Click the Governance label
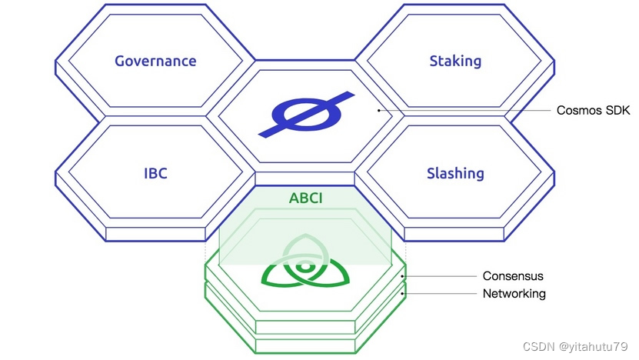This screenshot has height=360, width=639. click(155, 61)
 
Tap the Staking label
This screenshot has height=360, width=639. click(455, 61)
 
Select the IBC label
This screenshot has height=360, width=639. click(155, 173)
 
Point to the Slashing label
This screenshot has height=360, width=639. click(455, 173)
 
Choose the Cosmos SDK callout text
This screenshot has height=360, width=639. click(593, 111)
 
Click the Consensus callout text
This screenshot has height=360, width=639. click(513, 275)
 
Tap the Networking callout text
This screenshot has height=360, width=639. click(514, 293)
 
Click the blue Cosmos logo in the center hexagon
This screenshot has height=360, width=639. click(305, 116)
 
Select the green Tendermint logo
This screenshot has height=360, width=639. click(305, 265)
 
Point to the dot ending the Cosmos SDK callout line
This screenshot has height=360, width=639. click(379, 111)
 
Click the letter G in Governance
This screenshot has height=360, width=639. click(120, 61)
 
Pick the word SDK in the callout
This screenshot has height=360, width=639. click(617, 111)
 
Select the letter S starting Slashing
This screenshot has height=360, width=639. click(431, 173)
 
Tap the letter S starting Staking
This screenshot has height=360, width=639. click(434, 61)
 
